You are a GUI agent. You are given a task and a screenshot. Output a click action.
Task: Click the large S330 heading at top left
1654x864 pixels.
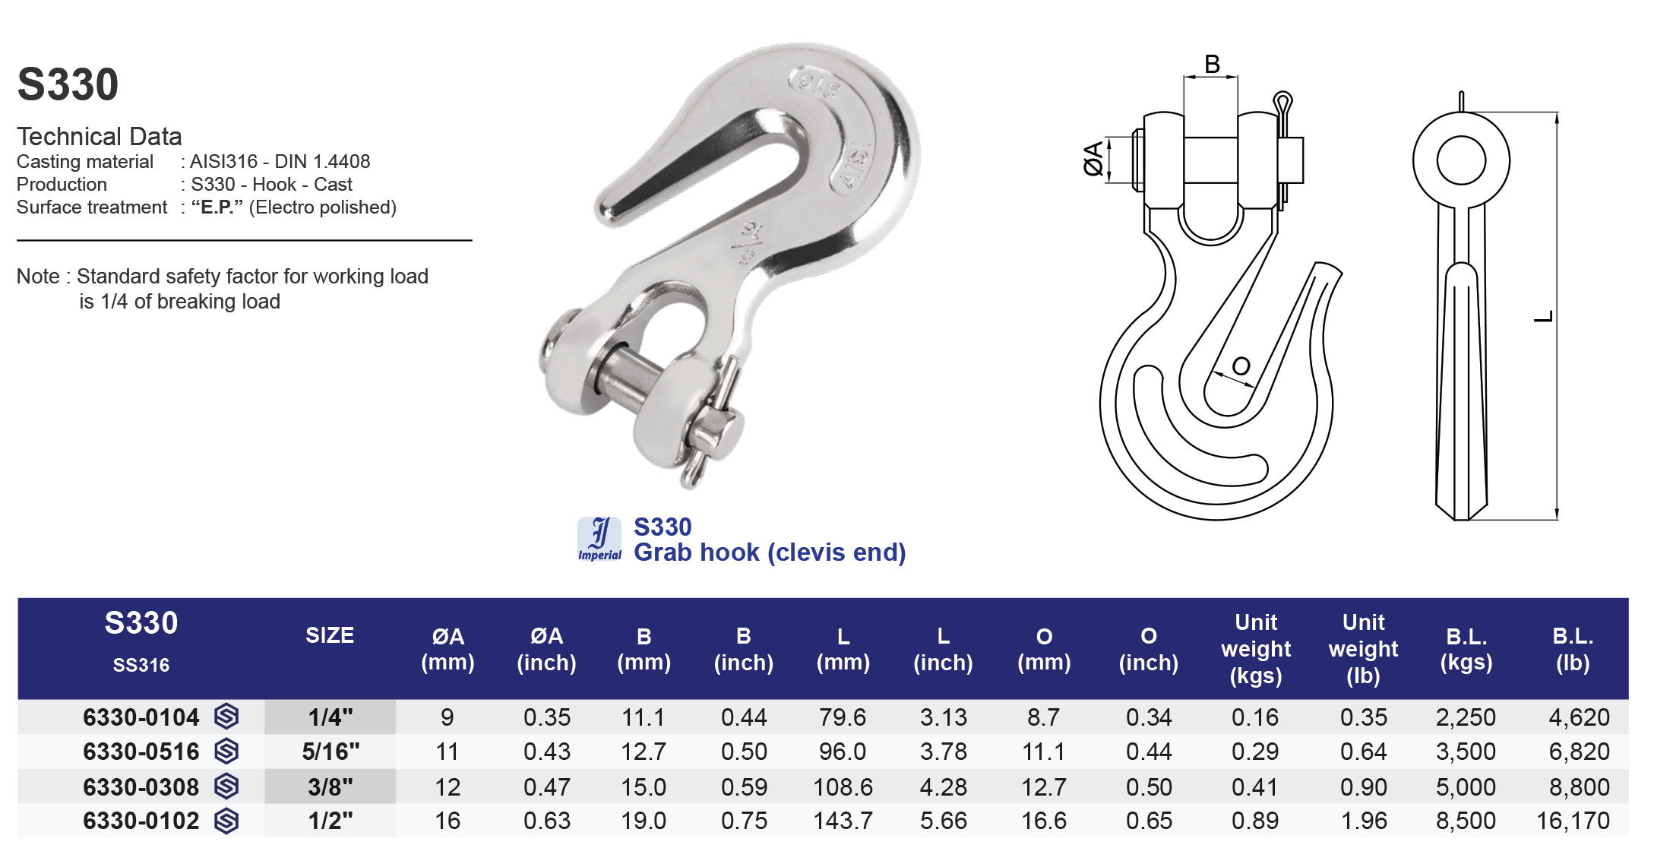pos(68,84)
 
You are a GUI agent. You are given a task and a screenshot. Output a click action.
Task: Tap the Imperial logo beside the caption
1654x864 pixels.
pos(599,539)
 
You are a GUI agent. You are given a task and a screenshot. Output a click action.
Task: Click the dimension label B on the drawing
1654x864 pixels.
pos(1212,65)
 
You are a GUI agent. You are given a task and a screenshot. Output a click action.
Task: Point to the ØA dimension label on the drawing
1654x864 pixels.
pos(1093,159)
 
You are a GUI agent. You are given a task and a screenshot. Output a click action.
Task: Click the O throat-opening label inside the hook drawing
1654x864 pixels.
pos(1241,366)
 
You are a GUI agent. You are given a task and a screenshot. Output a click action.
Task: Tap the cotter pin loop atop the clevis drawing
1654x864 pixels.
pos(1282,102)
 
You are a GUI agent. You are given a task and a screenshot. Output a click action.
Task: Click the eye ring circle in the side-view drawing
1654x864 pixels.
pos(1460,160)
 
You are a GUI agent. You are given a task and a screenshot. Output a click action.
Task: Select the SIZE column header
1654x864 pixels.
pos(330,635)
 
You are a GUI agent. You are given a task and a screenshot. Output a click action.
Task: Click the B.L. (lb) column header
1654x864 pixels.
pos(1573,649)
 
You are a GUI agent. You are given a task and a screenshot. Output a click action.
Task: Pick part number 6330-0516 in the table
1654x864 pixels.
pos(141,752)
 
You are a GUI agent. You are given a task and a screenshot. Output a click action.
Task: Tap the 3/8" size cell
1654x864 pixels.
pos(330,786)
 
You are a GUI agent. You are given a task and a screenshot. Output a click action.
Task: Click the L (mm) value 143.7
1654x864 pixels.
pos(843,821)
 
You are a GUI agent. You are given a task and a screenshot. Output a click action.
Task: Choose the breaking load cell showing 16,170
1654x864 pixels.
pos(1573,821)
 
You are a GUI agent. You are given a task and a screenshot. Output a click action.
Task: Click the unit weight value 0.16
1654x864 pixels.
pos(1255,717)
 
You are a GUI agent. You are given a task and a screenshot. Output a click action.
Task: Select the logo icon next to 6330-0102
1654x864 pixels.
pos(226,821)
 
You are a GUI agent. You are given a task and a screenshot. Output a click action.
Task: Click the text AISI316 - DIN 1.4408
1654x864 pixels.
pos(280,162)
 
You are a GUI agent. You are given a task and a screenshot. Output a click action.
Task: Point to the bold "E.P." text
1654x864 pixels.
pos(217,207)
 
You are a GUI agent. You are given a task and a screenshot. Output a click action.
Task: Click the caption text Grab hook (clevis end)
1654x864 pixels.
pos(770,552)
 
